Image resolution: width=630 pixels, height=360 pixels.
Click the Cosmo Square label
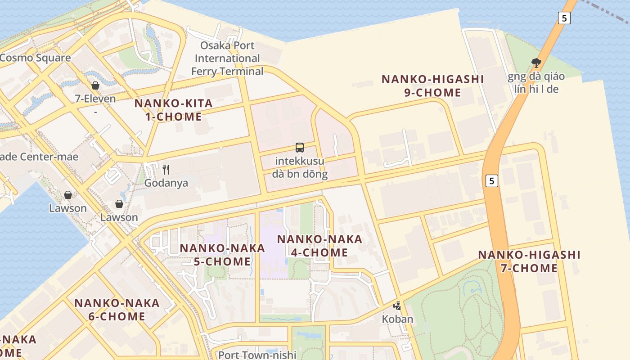[x=35, y=58]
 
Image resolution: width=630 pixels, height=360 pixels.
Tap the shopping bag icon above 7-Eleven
[x=95, y=85]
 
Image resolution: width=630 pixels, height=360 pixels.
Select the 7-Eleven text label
[x=95, y=99]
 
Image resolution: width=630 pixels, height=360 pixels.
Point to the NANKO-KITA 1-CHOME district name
[x=173, y=110]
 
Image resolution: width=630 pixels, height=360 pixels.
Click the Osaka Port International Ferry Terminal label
[x=227, y=58]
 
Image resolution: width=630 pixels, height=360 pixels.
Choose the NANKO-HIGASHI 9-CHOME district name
[x=432, y=86]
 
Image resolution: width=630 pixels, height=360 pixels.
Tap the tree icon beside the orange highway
[x=536, y=63]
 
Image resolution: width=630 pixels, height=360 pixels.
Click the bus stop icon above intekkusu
[x=300, y=147]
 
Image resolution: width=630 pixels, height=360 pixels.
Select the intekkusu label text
[x=300, y=161]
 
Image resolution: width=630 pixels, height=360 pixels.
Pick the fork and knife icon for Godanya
[x=166, y=170]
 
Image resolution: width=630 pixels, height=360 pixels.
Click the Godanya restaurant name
[x=166, y=183]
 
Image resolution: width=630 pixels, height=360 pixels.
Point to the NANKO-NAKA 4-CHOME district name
[x=319, y=246]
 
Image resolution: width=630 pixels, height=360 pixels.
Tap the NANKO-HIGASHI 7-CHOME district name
[x=529, y=261]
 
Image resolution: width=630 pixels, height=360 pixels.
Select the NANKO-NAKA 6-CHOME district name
[x=117, y=310]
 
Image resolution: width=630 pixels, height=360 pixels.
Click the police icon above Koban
[x=397, y=306]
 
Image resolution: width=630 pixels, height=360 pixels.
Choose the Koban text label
[x=397, y=319]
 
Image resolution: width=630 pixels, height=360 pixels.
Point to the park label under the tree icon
[x=536, y=82]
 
